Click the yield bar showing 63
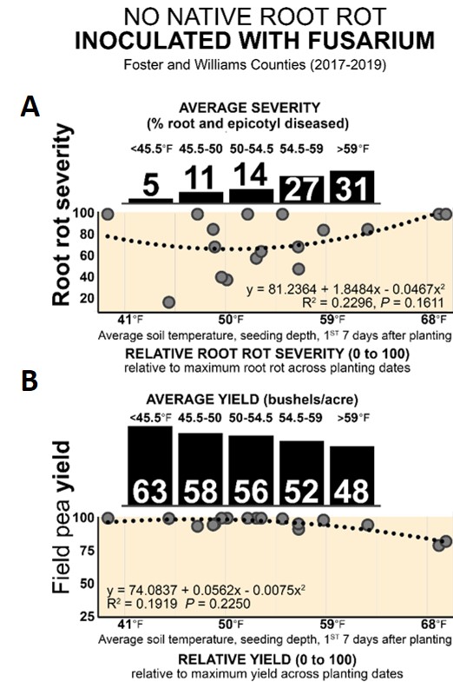(151, 465)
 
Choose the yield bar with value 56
(252, 470)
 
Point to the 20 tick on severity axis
(87, 298)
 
